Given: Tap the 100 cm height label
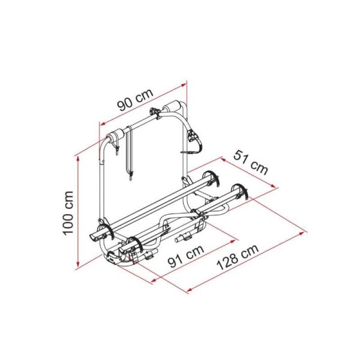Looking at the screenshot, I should [68, 213].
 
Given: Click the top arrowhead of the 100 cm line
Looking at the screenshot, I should [77, 158].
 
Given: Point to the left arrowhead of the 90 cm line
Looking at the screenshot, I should [99, 124].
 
